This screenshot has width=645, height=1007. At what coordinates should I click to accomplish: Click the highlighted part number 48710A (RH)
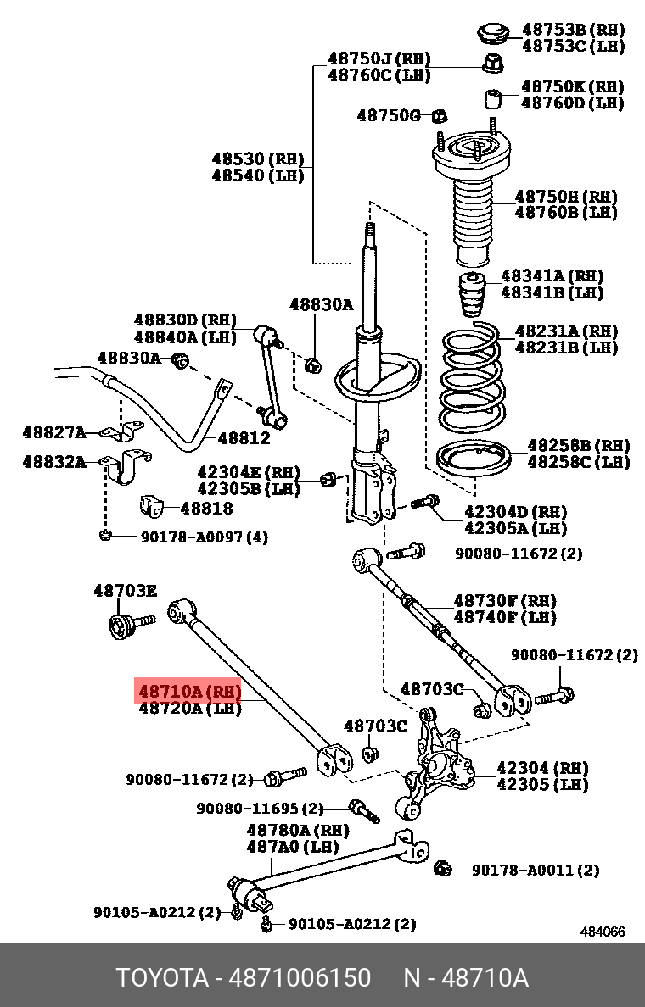coord(189,692)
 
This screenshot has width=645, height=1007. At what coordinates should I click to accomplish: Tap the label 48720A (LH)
coord(189,709)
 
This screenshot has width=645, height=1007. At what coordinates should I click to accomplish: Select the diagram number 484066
coord(603,932)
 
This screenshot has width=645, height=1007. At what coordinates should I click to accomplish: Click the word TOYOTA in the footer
coord(162,978)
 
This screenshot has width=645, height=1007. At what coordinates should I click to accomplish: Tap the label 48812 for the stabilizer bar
coord(244,438)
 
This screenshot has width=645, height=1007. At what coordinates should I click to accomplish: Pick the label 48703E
coord(125,591)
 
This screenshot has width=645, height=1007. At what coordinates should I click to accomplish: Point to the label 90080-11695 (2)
coord(261,809)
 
